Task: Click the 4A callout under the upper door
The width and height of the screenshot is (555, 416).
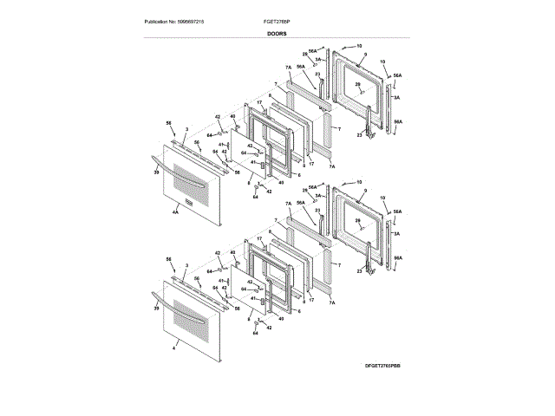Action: [174, 211]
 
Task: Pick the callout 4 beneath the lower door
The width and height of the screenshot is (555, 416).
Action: [173, 347]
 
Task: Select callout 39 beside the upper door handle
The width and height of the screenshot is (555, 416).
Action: [156, 173]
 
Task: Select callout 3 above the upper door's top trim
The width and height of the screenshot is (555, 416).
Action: [186, 127]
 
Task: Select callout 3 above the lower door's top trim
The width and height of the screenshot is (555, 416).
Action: [186, 263]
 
